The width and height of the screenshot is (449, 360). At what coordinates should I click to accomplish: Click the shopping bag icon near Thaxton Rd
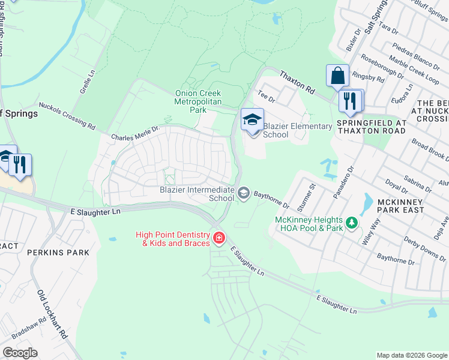coord(337,76)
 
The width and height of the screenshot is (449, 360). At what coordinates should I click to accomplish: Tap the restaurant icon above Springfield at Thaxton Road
coord(351,101)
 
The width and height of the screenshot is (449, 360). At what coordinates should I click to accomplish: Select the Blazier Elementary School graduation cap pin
coord(252,120)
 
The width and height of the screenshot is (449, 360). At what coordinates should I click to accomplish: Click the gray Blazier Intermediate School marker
coord(244,193)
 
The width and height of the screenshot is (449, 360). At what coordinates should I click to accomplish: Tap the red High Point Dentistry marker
coord(219,238)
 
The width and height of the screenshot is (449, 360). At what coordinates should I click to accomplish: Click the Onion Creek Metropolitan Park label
coord(198,101)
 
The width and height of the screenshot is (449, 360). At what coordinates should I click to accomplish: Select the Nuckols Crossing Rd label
coord(68,116)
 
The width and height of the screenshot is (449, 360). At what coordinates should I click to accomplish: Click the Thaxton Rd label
coord(297,82)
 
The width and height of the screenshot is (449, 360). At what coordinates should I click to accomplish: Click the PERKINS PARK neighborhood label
coord(58,253)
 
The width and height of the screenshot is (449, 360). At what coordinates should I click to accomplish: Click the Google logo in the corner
coord(20,353)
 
